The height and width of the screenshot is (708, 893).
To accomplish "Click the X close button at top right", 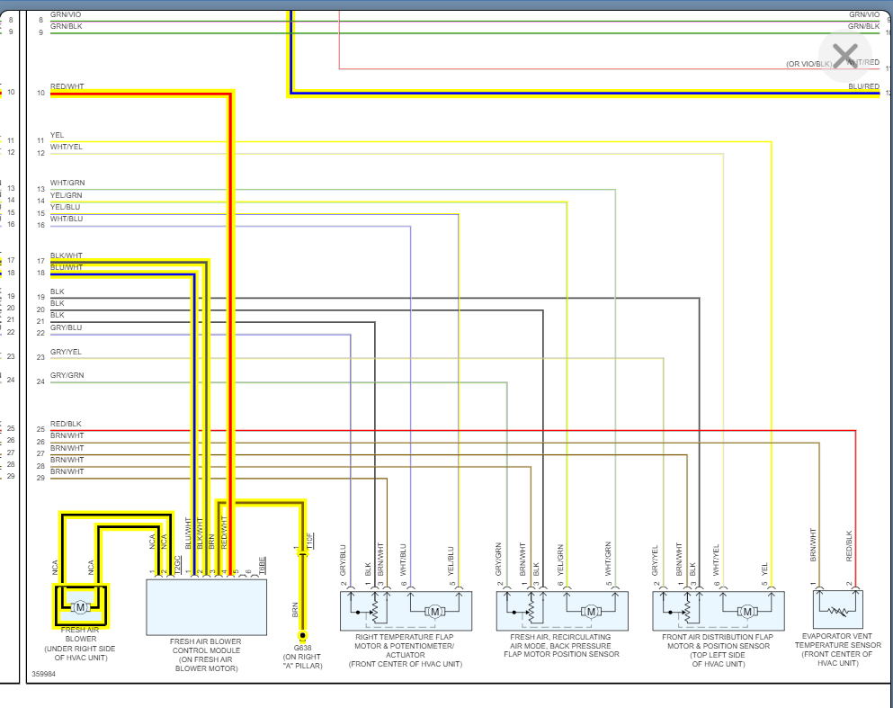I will point(845,56).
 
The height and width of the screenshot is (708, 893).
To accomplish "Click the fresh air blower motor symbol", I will point(80,607).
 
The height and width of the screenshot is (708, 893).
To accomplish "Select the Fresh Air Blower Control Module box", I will point(206,607).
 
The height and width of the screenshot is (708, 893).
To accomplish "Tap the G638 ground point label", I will point(301,646).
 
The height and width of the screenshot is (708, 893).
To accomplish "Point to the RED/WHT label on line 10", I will point(67,86).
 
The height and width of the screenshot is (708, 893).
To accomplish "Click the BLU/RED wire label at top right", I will point(863,86).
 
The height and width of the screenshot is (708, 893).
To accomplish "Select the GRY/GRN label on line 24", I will point(67,375).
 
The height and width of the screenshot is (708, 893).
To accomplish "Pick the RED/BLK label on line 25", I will point(66,424).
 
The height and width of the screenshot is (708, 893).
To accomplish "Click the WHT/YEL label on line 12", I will point(66,147).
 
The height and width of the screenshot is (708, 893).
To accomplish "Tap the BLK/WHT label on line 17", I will point(66,255).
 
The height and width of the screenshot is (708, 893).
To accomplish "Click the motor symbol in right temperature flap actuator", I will point(435,612).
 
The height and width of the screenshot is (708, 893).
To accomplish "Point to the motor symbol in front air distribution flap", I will point(746,612).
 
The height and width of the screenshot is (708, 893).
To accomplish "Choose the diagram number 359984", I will point(42,673).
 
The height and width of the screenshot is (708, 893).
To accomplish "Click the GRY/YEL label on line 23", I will point(66,352).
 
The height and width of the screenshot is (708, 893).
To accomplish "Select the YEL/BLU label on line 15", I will point(66,207).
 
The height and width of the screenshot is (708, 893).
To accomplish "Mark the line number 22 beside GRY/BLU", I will point(40,333).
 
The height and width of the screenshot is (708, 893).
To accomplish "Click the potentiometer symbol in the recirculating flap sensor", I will point(530,611).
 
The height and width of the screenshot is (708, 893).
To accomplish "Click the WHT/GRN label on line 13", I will point(67,184).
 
